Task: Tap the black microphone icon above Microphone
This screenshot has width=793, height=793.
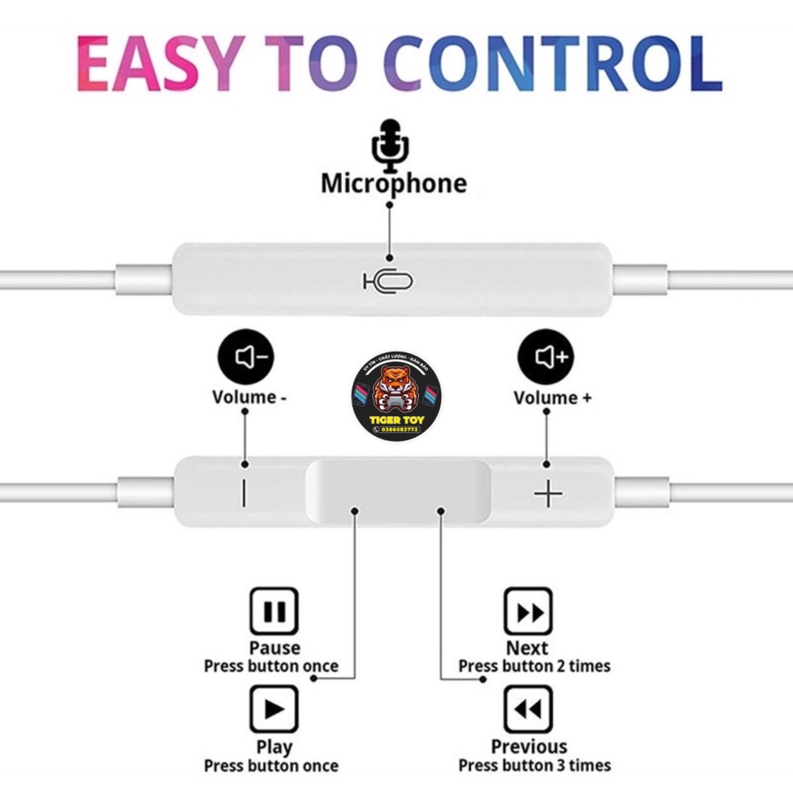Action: [x=391, y=146]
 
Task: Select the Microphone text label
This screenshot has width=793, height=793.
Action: [x=394, y=184]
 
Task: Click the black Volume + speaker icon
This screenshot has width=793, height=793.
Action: [x=546, y=357]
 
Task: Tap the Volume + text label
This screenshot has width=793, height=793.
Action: [x=552, y=398]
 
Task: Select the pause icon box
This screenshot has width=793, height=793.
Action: [x=273, y=612]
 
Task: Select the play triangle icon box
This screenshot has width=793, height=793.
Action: [x=273, y=709]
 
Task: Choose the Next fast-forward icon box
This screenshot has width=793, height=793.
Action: [x=529, y=612]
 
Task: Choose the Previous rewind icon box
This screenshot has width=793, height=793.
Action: [x=529, y=709]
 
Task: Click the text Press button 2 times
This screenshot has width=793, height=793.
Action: [x=534, y=666]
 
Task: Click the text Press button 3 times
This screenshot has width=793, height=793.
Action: [x=534, y=765]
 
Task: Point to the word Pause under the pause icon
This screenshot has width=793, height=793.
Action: [x=274, y=647]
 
